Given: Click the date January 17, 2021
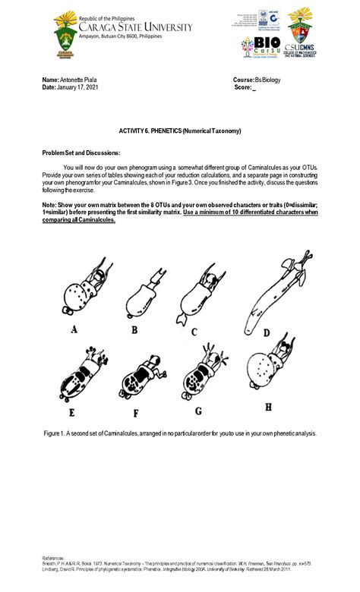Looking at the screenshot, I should [78, 87].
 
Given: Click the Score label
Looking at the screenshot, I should [242, 87].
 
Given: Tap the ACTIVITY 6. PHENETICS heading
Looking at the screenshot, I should [179, 131].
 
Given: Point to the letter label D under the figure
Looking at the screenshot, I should [266, 332].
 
